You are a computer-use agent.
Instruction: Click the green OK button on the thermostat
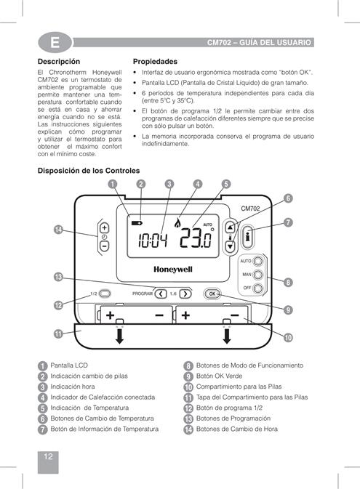click(x=212, y=294)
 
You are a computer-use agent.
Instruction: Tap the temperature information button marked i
click(x=247, y=237)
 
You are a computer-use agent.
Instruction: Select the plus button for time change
click(x=104, y=228)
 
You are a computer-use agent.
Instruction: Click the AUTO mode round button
click(x=258, y=261)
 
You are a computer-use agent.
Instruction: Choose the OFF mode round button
click(x=258, y=288)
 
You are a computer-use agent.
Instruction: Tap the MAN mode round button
click(x=258, y=275)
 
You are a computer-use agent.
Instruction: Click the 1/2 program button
click(x=105, y=294)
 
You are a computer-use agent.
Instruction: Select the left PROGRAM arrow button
click(x=161, y=294)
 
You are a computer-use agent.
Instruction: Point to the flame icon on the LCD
click(x=177, y=222)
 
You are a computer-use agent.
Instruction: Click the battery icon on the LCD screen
click(x=137, y=223)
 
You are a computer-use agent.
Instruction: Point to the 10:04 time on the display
click(x=153, y=241)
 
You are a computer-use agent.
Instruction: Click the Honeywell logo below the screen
click(x=173, y=270)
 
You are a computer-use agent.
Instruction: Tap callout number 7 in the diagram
click(x=288, y=222)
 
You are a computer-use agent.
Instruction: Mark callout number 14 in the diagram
click(x=58, y=230)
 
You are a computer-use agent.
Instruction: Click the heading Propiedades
click(x=155, y=62)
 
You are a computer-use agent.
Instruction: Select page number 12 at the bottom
click(x=48, y=456)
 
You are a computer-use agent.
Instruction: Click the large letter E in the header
click(x=55, y=42)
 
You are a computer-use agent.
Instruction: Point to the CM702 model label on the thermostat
click(x=250, y=209)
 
